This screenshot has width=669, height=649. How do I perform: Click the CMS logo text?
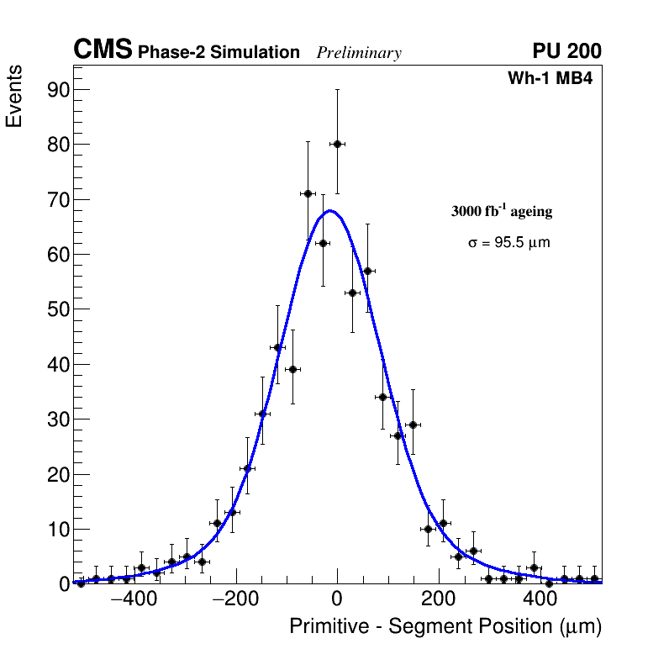103,50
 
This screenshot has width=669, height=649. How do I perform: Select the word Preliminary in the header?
359,53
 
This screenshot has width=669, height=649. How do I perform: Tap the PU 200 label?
566,51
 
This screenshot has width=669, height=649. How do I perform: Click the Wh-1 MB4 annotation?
550,79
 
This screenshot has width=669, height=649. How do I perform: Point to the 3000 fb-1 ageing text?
502,211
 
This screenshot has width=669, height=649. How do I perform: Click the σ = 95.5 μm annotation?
509,243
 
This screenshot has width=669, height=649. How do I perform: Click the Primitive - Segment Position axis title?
445,626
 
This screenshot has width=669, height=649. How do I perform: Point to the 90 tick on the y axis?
55,90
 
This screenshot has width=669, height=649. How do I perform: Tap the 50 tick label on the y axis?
55,309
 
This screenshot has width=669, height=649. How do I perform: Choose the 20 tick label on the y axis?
55,474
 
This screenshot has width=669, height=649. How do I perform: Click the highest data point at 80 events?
337,144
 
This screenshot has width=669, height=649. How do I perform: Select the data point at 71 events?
308,193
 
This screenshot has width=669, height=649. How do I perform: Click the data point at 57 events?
367,271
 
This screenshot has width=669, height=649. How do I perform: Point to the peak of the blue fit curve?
330,210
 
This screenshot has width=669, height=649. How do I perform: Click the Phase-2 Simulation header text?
219,53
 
